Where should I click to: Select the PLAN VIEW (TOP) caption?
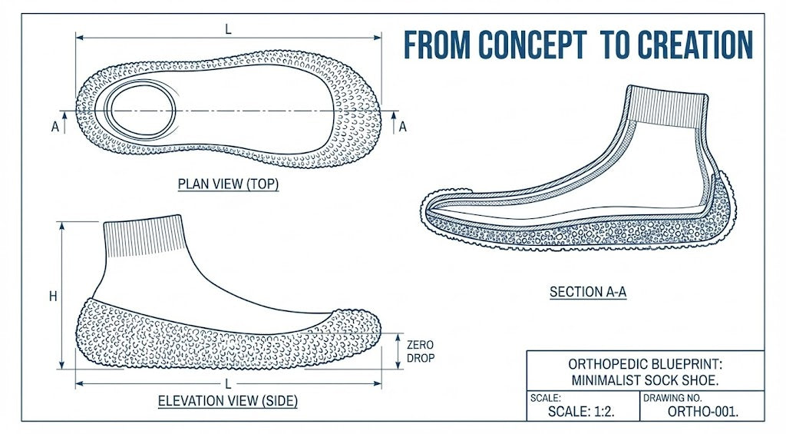[228, 184]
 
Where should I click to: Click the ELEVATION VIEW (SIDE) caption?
[228, 401]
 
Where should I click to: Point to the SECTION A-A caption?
[588, 292]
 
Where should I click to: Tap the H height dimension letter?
[53, 297]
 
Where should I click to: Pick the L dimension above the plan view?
[228, 28]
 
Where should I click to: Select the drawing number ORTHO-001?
[703, 411]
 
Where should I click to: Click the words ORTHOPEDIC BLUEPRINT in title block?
[645, 363]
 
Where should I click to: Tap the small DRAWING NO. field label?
[667, 398]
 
